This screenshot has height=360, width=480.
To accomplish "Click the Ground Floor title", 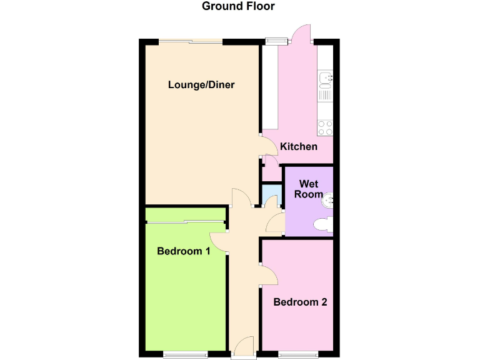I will point(238,7).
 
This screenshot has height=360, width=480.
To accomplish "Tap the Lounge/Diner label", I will point(201,84).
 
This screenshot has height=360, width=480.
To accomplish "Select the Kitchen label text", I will point(299,146).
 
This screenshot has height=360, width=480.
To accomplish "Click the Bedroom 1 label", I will point(183,251).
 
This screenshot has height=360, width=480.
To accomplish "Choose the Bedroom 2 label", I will point(300,302).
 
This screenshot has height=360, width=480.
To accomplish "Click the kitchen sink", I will point(325,79).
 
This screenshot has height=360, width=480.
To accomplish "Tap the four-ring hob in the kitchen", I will point(325,128).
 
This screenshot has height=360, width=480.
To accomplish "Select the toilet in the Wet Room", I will point(323,224).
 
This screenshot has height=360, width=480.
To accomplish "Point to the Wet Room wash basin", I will point(327,201).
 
